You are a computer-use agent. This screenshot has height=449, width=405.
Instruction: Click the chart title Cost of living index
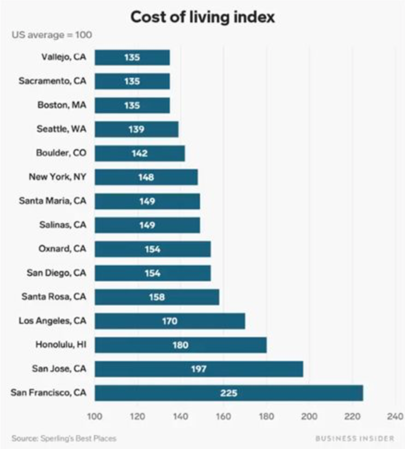[202, 17]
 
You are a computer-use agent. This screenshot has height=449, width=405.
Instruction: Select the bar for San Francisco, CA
[229, 393]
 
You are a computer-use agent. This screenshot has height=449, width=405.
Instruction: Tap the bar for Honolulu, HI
[180, 345]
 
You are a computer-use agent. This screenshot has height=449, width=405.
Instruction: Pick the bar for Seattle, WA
[136, 129]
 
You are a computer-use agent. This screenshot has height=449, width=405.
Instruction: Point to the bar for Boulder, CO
[140, 153]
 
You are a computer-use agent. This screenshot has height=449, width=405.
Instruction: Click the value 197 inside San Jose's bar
[198, 369]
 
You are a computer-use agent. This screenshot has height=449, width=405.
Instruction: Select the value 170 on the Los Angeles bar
[169, 321]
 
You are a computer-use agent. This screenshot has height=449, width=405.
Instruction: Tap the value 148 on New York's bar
[146, 177]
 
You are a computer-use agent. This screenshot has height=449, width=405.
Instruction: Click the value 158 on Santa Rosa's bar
[157, 297]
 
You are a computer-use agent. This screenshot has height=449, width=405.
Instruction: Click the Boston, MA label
[62, 105]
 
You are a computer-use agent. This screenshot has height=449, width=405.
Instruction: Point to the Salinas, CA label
[63, 225]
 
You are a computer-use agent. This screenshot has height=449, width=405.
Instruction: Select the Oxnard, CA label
[62, 249]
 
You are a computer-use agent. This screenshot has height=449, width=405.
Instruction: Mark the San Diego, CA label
[56, 273]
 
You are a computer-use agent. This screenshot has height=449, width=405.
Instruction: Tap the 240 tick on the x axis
[396, 416]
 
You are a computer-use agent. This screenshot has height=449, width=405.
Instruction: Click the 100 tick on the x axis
[95, 416]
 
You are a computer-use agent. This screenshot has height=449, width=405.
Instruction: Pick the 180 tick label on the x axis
[266, 416]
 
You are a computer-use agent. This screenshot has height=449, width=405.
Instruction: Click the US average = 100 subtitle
[52, 35]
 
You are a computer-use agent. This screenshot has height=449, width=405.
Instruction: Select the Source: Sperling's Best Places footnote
[64, 438]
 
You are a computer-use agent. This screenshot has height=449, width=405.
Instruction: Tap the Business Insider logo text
[356, 438]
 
